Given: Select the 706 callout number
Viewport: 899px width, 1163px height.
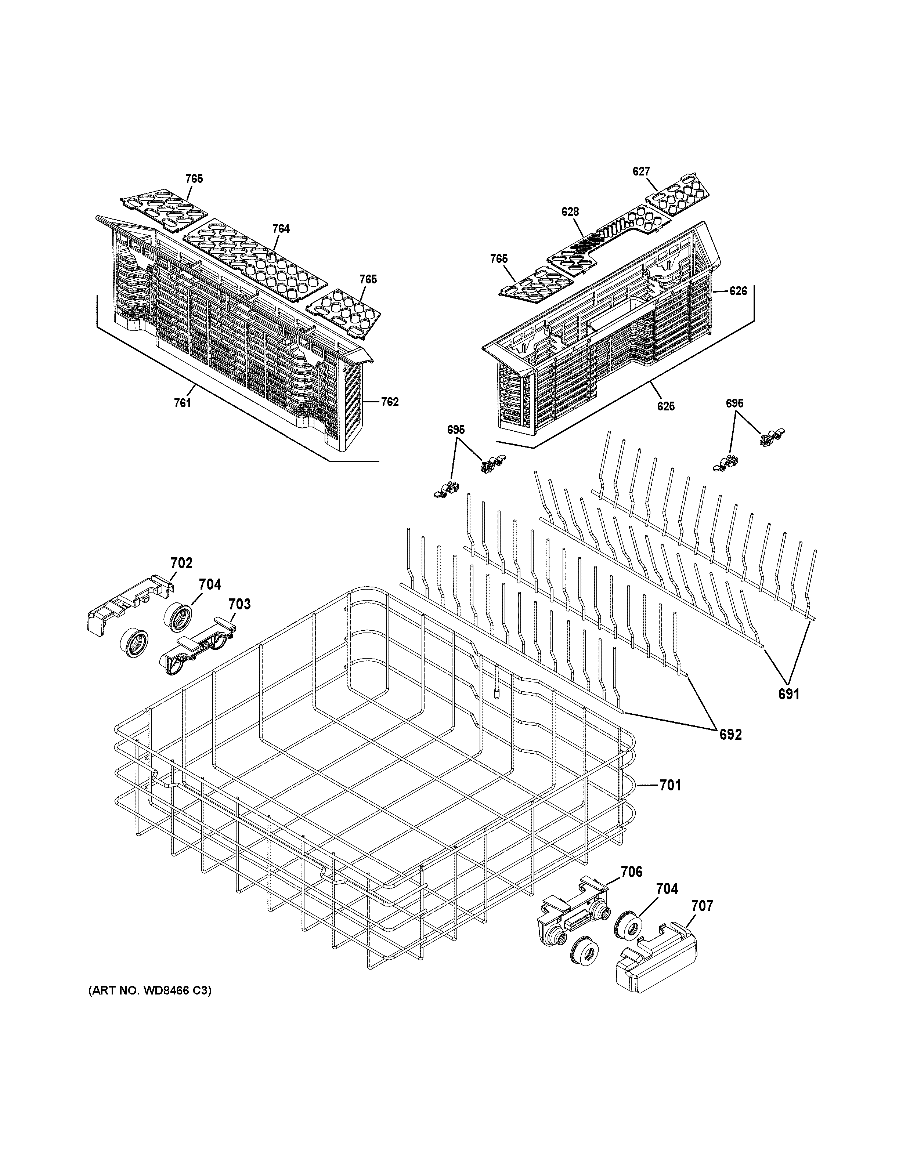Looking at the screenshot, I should point(631,872).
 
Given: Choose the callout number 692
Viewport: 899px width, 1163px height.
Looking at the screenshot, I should point(730,734).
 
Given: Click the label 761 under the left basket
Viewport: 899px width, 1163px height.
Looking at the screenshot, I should point(182,403).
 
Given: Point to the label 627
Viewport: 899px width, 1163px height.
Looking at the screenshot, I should point(641,171).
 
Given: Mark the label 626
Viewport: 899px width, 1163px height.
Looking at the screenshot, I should point(738,291).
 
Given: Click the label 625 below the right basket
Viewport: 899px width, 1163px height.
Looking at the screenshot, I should point(666,406).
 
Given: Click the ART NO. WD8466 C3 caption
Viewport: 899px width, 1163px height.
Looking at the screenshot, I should point(149,991).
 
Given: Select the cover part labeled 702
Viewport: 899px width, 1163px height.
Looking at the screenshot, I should point(128,604).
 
